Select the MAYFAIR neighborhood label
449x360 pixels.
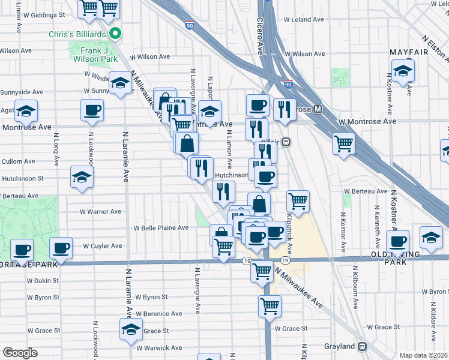pyautogui.click(x=411, y=52)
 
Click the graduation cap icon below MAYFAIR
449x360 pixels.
pyautogui.click(x=403, y=70)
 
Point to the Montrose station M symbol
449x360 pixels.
pyautogui.click(x=318, y=110)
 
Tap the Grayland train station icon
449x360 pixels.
pyautogui.click(x=362, y=347)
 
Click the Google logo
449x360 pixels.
pyautogui.click(x=20, y=353)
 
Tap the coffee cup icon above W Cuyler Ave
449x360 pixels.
pyautogui.click(x=60, y=247)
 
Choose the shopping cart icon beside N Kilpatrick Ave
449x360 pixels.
pyautogui.click(x=298, y=200)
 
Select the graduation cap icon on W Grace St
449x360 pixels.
pyautogui.click(x=131, y=329)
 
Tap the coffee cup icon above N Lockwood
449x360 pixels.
pyautogui.click(x=92, y=109)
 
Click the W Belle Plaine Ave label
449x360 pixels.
pyautogui.click(x=161, y=228)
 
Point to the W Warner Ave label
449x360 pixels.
pyautogui.click(x=101, y=212)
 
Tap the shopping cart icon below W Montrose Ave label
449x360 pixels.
pyautogui.click(x=343, y=143)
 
